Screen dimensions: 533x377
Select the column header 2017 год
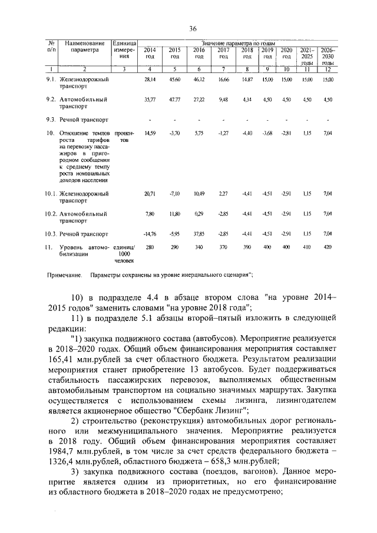click(223, 53)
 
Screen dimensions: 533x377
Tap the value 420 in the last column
click(329, 247)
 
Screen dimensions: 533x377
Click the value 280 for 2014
click(150, 247)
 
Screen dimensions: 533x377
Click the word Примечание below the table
click(64, 275)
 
